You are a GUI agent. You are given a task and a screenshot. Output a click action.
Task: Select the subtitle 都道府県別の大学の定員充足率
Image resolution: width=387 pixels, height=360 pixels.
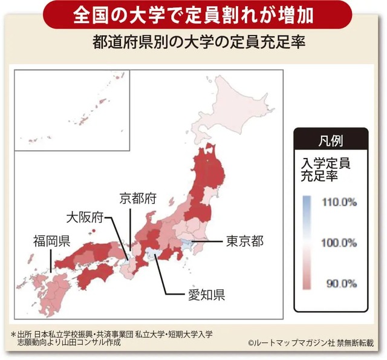pyautogui.click(x=193, y=44)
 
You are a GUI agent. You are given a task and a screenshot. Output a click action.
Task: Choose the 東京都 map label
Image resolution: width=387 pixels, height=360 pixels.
pyautogui.click(x=245, y=241)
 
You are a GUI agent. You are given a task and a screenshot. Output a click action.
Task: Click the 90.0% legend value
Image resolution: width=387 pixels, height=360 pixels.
pyautogui.click(x=340, y=283)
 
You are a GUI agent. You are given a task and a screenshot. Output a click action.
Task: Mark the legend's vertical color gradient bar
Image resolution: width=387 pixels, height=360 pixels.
pyautogui.click(x=307, y=242)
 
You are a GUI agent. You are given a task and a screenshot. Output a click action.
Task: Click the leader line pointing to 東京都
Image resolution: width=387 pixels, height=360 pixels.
pyautogui.click(x=209, y=242)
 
